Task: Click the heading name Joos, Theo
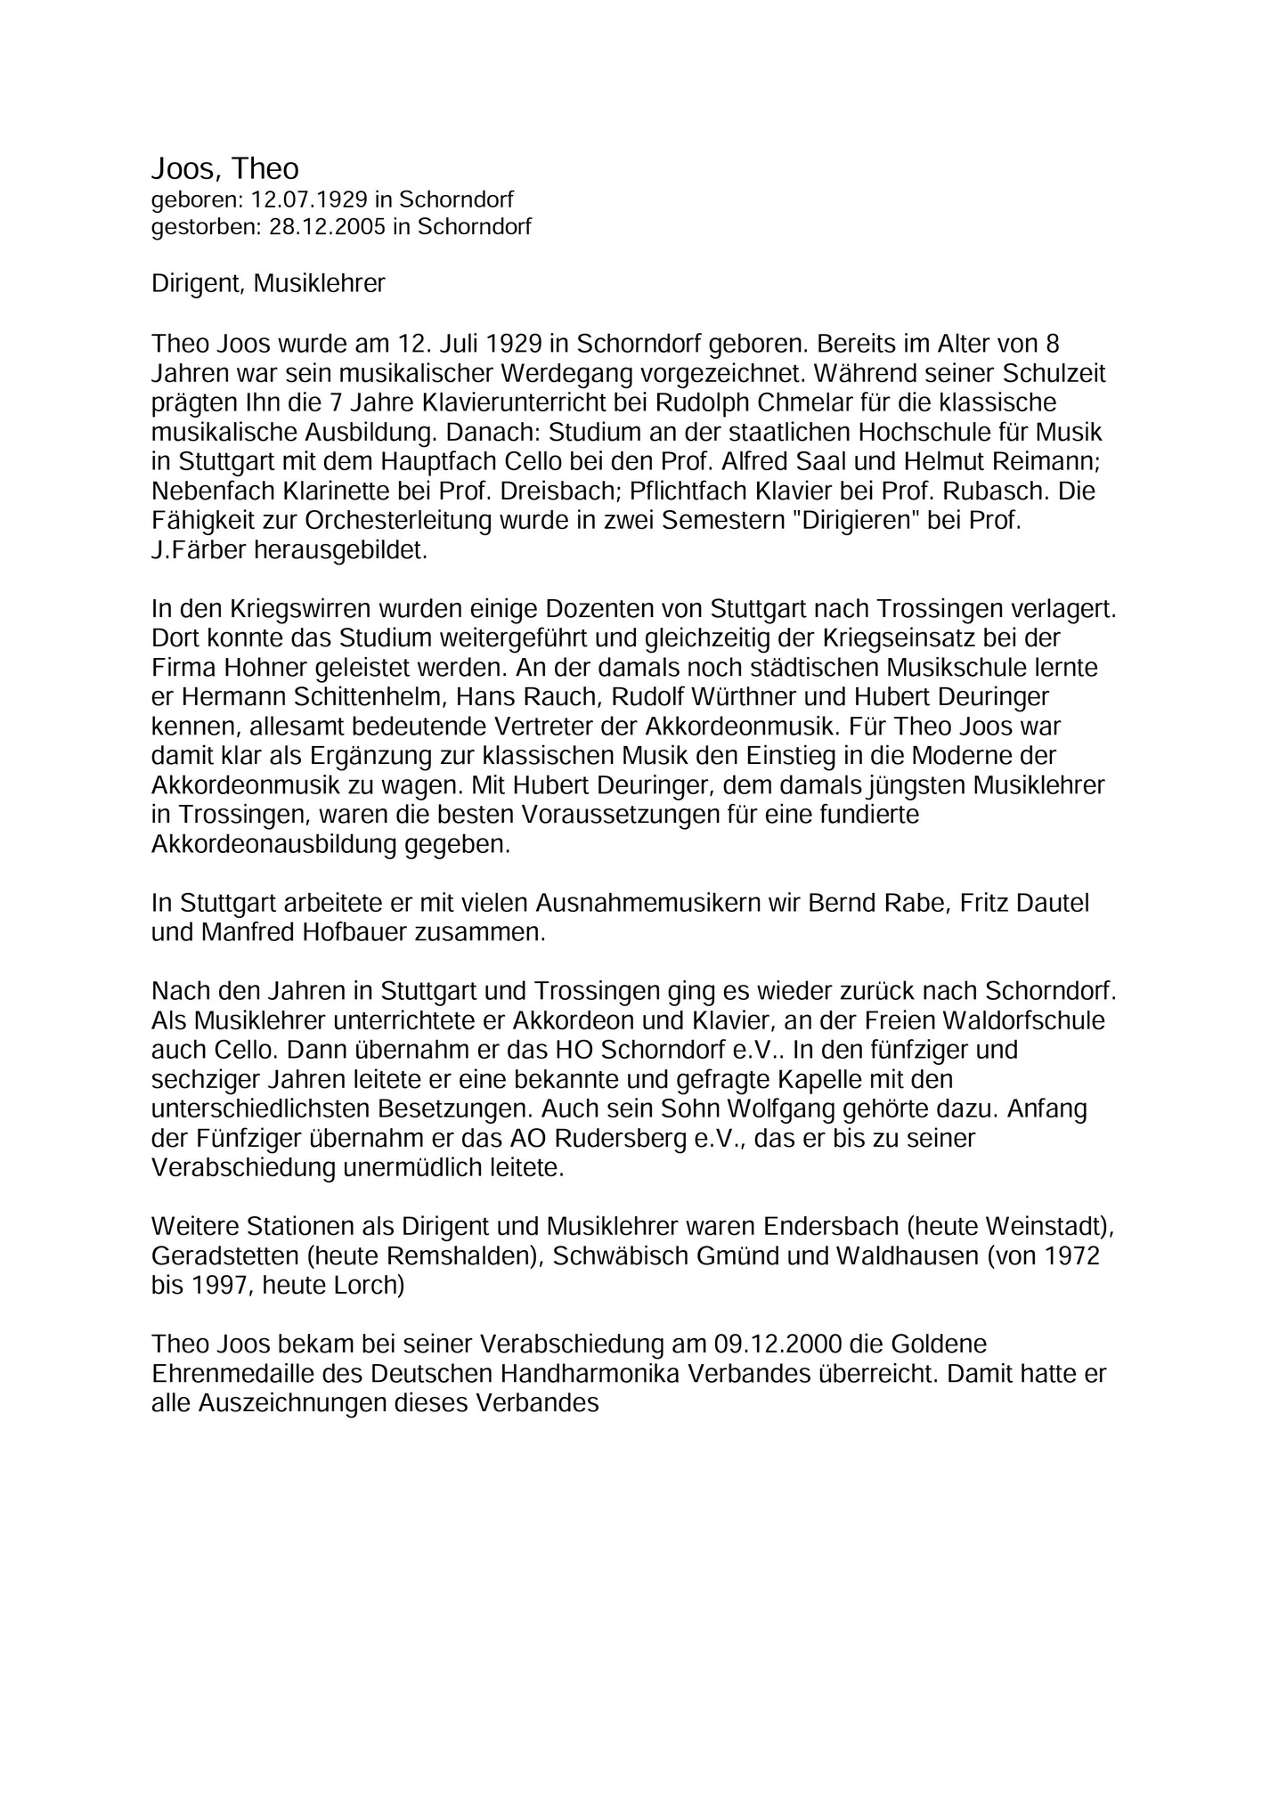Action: coord(225,168)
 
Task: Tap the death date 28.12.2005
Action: coord(327,227)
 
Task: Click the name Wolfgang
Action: coord(827,1109)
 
